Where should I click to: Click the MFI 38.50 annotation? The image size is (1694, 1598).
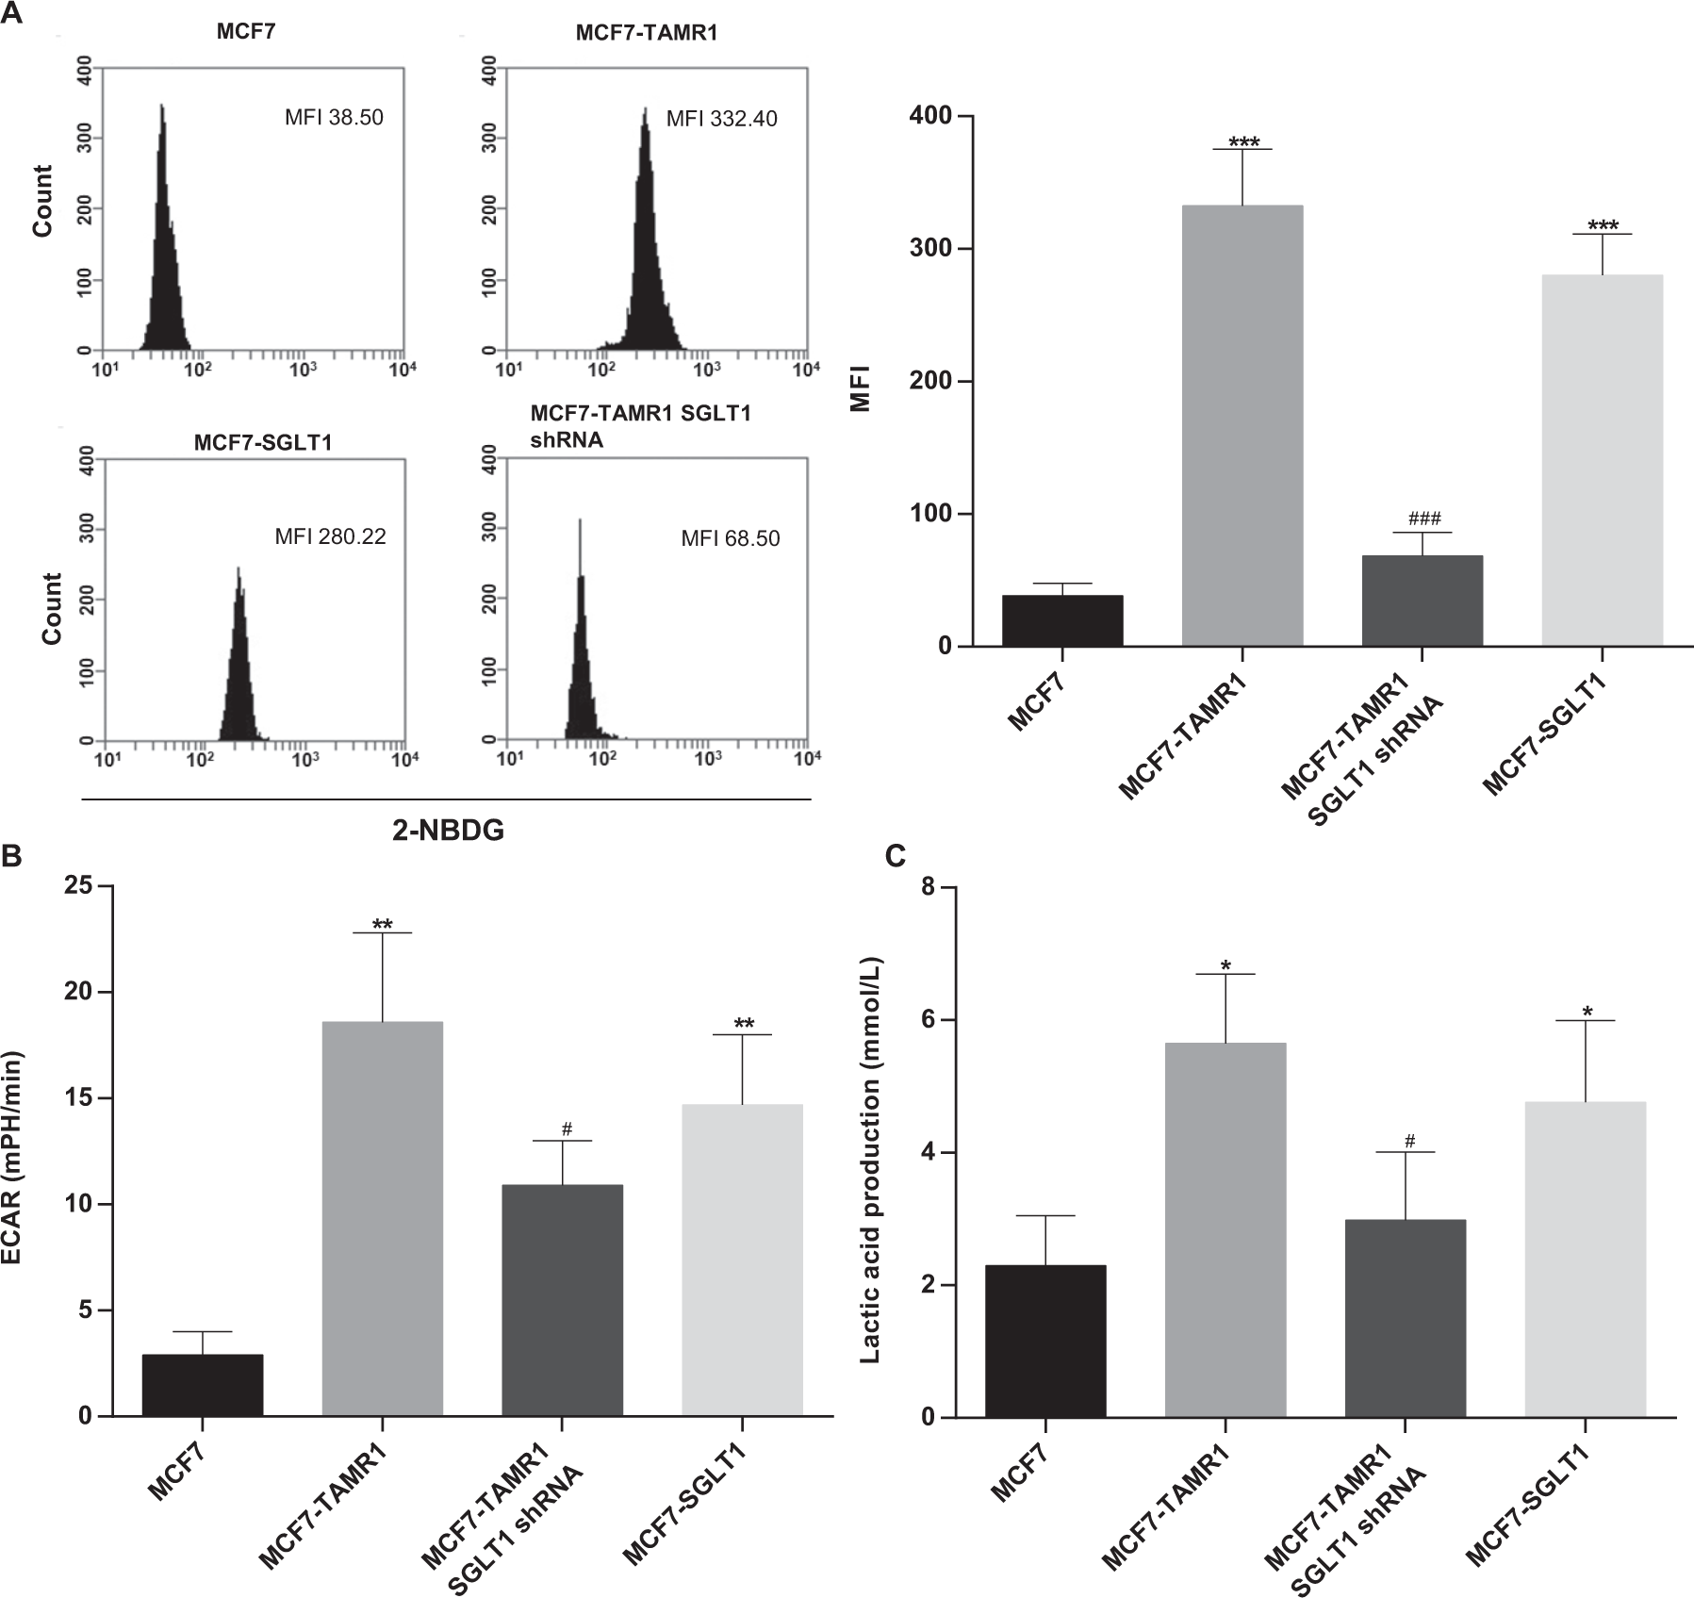(334, 118)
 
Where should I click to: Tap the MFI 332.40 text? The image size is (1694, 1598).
(721, 119)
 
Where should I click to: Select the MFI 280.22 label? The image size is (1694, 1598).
(330, 537)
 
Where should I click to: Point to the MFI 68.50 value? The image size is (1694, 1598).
(731, 538)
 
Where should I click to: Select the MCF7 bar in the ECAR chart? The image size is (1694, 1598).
(202, 1385)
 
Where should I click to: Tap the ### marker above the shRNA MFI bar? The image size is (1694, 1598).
(1424, 519)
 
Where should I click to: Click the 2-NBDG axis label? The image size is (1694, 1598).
(449, 831)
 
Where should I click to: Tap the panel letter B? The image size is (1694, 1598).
(12, 855)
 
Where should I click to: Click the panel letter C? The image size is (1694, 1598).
(896, 855)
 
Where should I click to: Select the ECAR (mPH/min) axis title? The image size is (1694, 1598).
(14, 1151)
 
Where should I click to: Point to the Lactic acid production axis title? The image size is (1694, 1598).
(870, 1151)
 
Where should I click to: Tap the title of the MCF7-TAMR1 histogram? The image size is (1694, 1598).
(647, 33)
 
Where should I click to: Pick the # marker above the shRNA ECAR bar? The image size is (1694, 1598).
(567, 1128)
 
